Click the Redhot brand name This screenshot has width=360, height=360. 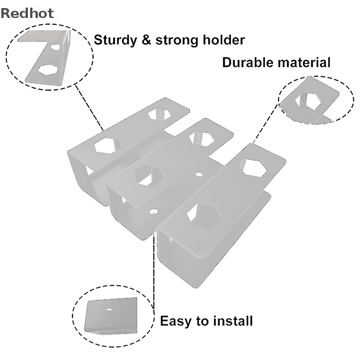(x=27, y=13)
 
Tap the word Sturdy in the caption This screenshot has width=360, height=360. (x=115, y=40)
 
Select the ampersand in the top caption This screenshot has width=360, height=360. (x=146, y=40)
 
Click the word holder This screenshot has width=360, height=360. (x=224, y=40)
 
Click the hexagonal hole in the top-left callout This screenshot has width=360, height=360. (x=48, y=69)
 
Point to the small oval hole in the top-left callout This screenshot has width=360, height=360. (x=55, y=47)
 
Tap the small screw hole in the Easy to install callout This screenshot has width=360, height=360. (x=109, y=309)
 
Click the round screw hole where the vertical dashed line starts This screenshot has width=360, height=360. (x=153, y=211)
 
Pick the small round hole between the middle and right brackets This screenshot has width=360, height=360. (x=199, y=175)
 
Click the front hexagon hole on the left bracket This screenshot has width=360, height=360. (x=107, y=145)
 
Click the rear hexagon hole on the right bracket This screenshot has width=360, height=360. (x=255, y=167)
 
